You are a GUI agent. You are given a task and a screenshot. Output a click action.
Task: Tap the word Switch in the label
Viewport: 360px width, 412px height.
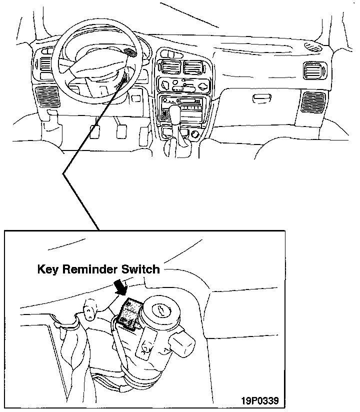pyautogui.click(x=141, y=269)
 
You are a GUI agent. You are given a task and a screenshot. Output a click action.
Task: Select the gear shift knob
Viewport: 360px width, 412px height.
pyautogui.click(x=175, y=112)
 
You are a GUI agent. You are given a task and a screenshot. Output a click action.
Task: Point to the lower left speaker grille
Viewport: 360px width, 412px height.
pyautogui.click(x=47, y=96)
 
